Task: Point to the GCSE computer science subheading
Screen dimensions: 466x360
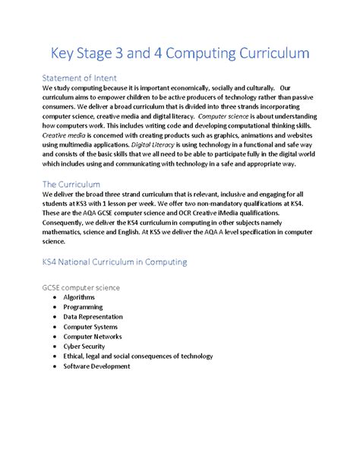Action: tap(92, 288)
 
